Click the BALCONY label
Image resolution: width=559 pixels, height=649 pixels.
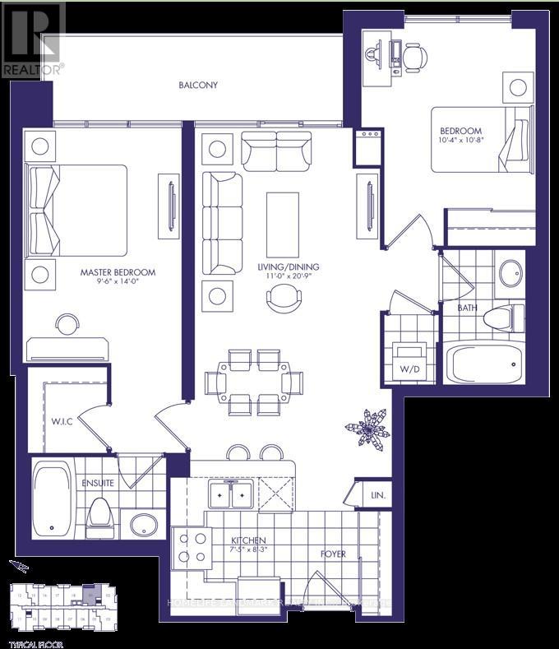coord(198,85)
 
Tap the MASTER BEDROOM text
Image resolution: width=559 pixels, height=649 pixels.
coord(118,272)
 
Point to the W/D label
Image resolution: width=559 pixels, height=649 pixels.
coord(409,369)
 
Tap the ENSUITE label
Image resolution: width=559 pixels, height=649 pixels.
coord(96,483)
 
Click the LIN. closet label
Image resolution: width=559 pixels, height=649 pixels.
coord(377,495)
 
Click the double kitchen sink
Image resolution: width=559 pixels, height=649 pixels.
coord(230,494)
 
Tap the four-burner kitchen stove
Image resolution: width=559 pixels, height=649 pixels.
coord(192,547)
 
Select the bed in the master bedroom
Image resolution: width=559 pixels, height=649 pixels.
coord(78,210)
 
